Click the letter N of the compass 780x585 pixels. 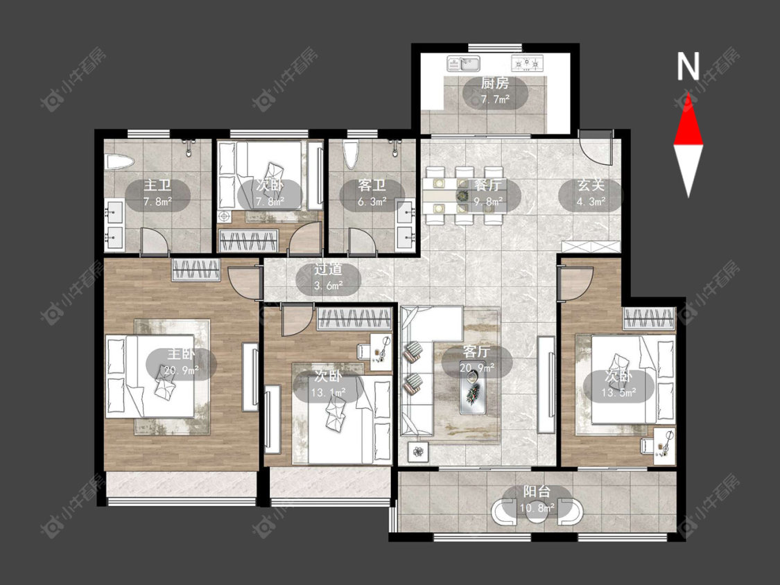coord(688,66)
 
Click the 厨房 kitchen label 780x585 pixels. coord(495,83)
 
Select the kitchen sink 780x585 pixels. coord(463,63)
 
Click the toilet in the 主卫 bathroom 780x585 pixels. coord(119,161)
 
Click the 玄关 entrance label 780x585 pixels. coord(591,186)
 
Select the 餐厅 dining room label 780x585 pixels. coord(487,186)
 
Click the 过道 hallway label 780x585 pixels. coord(328,269)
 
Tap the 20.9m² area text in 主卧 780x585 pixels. coord(182,369)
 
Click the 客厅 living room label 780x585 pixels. coord(476,351)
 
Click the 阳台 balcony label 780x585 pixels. coord(537,491)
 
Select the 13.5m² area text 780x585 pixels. coord(619,392)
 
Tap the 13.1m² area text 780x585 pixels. coord(329,392)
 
